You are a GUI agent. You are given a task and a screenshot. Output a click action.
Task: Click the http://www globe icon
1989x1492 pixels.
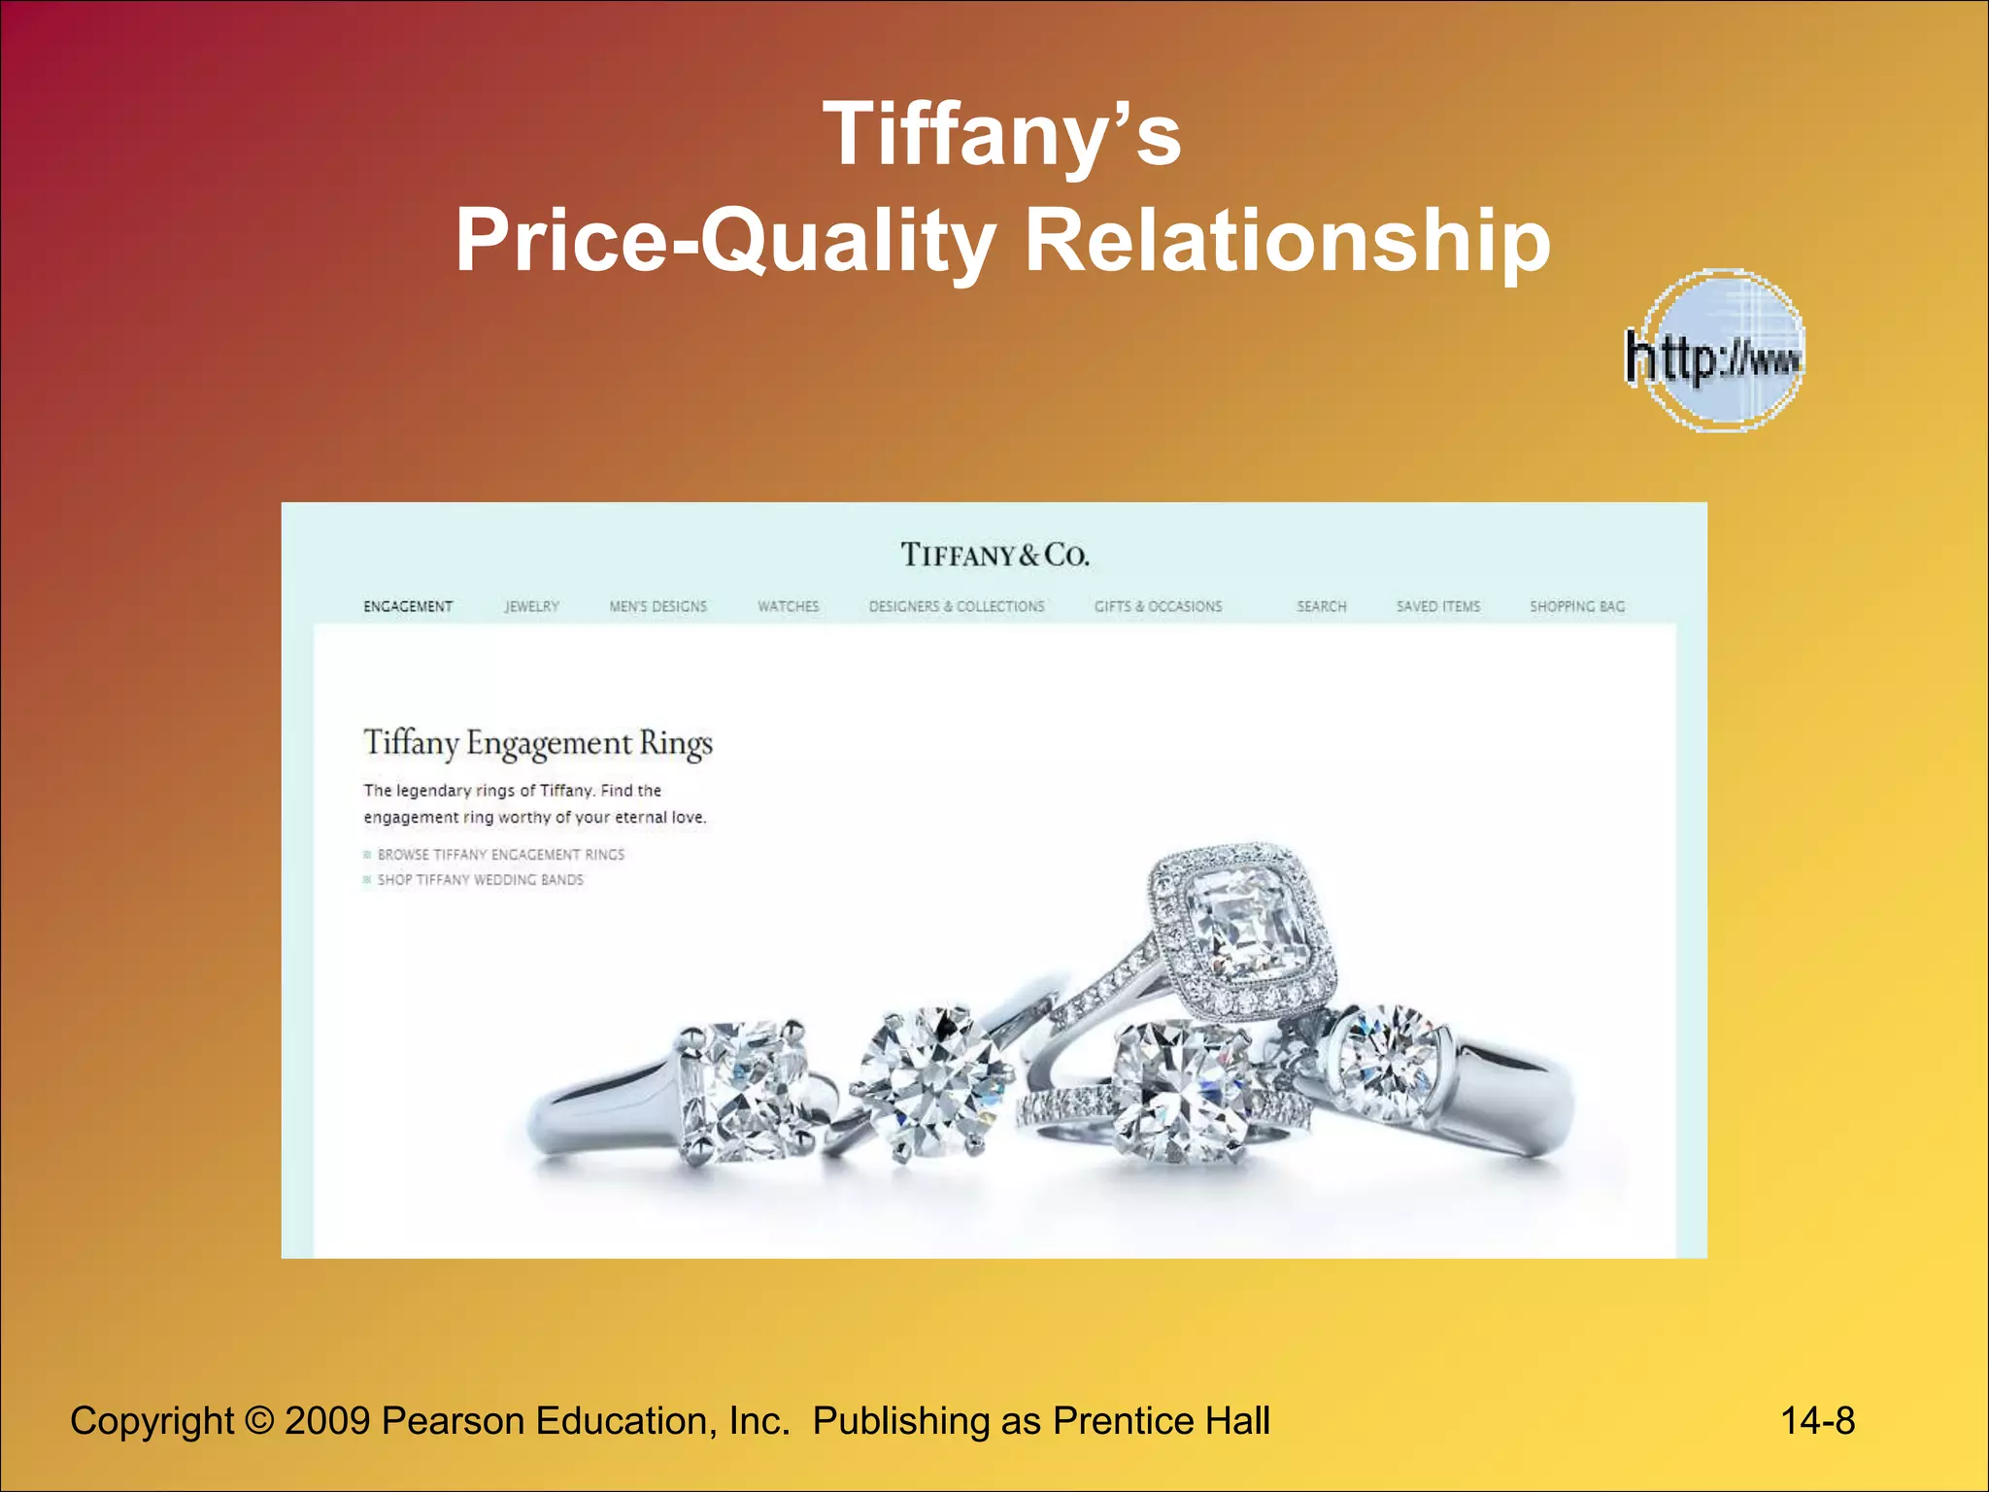(x=1717, y=352)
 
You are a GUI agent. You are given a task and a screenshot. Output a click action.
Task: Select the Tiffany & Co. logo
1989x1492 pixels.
(x=994, y=555)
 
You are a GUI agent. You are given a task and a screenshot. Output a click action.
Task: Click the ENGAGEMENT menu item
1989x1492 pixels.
(x=408, y=606)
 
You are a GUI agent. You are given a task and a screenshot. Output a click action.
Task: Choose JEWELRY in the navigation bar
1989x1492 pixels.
(x=531, y=606)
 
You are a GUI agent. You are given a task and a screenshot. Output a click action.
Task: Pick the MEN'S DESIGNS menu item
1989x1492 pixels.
(x=657, y=606)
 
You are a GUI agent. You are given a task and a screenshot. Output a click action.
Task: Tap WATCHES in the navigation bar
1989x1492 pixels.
(x=788, y=606)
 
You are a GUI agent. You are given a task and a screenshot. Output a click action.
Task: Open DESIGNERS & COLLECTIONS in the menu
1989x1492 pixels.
(x=957, y=606)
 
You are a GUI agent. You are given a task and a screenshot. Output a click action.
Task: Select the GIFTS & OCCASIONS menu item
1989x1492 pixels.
(x=1158, y=606)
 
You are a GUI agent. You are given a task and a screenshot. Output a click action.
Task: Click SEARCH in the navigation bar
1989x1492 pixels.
(x=1321, y=606)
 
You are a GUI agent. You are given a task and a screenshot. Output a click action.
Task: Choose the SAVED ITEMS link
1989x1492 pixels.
(x=1438, y=606)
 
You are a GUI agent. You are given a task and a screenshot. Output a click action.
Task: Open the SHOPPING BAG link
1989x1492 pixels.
(x=1576, y=606)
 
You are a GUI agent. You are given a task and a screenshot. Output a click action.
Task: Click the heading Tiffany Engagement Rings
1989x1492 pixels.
(x=538, y=744)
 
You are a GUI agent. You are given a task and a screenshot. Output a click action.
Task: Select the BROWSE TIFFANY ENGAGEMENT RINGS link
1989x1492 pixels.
(x=500, y=855)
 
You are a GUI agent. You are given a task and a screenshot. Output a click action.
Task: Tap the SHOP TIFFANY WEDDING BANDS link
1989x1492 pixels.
(x=480, y=880)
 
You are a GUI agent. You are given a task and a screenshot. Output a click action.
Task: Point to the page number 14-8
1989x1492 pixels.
(x=1817, y=1421)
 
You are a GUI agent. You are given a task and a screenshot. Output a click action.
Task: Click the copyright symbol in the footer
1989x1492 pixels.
(x=259, y=1421)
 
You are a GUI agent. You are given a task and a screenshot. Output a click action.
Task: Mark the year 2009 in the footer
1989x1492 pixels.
(x=327, y=1421)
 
